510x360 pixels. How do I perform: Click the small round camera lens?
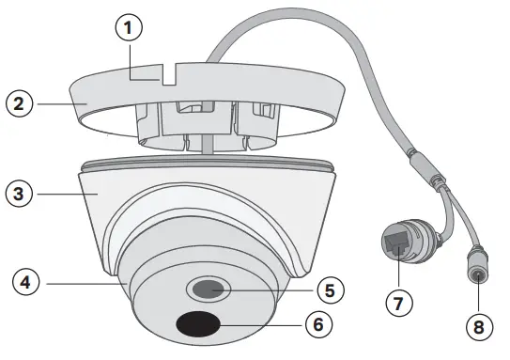click(209, 287)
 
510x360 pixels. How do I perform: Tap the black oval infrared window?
click(196, 324)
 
